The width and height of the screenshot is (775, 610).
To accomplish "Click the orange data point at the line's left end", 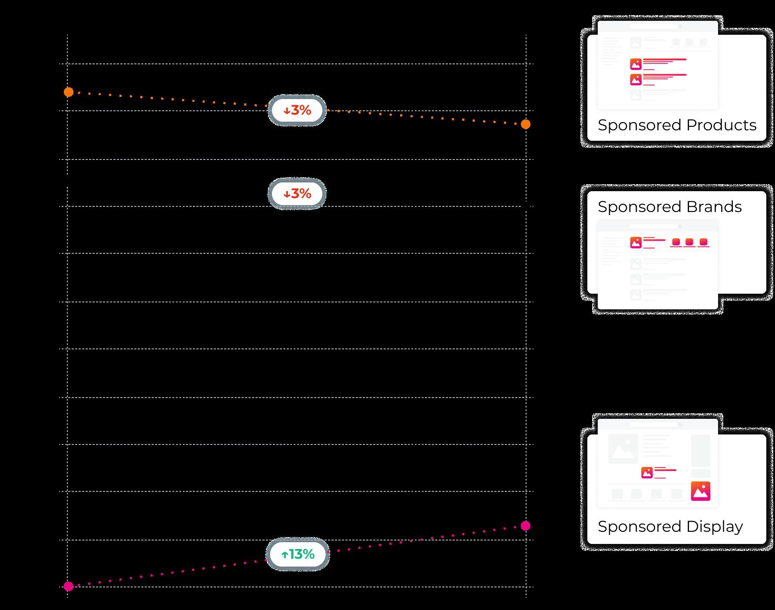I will (x=69, y=92).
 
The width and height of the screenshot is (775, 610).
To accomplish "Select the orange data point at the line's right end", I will (x=526, y=125).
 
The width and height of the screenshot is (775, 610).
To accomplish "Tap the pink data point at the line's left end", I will (x=69, y=587).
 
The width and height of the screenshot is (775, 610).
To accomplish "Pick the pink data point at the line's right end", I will (x=526, y=526).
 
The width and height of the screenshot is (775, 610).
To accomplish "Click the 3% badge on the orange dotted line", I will (x=297, y=110).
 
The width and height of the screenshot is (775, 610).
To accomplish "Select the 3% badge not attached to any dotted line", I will (x=297, y=193).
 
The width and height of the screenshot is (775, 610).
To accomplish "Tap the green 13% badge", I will (x=298, y=554).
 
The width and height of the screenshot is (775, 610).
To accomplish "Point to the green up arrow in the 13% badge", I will (x=285, y=555).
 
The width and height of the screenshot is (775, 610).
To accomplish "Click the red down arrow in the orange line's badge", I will (x=286, y=111).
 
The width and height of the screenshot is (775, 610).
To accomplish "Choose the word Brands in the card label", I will (x=715, y=207).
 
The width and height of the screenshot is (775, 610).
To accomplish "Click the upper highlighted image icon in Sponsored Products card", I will (x=636, y=64).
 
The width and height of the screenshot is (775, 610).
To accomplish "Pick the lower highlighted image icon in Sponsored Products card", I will (x=636, y=80).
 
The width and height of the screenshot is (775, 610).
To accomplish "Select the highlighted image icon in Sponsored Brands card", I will (x=636, y=242).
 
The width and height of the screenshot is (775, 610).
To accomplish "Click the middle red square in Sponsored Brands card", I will (x=689, y=242).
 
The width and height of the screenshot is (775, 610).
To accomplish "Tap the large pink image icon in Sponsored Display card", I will (x=701, y=491).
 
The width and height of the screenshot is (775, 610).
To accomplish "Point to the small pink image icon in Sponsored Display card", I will (x=647, y=472).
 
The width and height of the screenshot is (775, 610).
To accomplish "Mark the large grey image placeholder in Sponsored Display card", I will (x=623, y=449).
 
